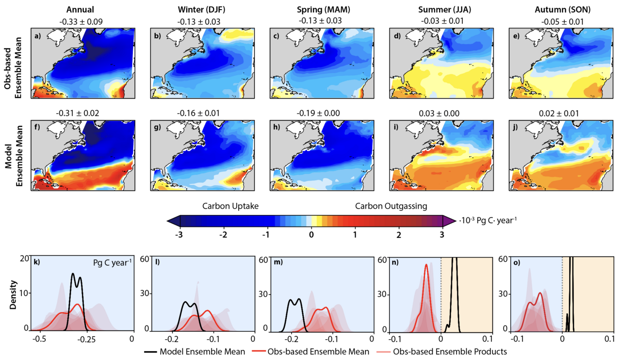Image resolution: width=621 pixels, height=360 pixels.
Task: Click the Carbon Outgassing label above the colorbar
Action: coord(391,206)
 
